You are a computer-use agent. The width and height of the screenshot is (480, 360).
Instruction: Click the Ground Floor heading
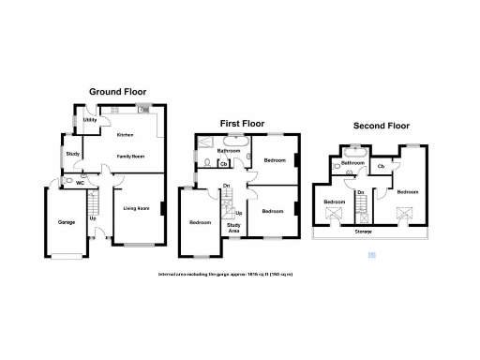(117, 92)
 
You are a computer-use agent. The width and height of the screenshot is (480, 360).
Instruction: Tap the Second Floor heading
(381, 125)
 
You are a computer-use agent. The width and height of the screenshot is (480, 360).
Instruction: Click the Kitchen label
(125, 135)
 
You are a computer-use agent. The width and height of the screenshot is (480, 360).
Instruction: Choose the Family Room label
(130, 157)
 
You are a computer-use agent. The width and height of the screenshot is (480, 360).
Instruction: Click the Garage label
(67, 222)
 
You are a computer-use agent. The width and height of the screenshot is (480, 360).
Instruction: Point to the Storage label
(363, 230)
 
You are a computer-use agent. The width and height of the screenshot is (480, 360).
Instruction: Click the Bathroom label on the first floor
(229, 150)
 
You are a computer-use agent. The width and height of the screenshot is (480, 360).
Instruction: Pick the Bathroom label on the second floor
(352, 163)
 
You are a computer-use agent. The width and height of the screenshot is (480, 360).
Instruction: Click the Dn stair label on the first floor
(227, 185)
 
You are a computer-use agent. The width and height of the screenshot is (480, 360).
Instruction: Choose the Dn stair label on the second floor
(361, 192)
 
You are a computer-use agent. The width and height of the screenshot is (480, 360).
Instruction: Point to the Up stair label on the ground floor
(92, 218)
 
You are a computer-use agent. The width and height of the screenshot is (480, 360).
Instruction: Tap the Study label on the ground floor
(71, 152)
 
